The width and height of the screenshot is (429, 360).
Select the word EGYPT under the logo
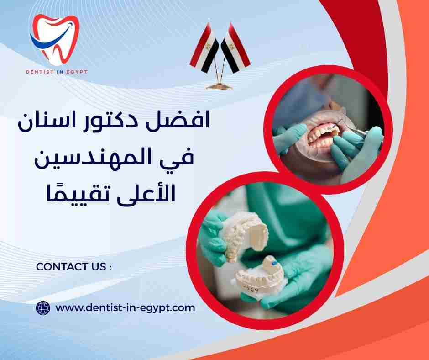[76, 72]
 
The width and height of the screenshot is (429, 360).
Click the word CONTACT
[58, 267]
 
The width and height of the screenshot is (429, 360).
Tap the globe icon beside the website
[42, 308]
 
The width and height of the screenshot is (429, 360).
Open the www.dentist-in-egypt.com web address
[125, 308]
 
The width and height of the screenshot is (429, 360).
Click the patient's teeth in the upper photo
[319, 135]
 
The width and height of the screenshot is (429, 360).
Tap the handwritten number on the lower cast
[253, 288]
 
